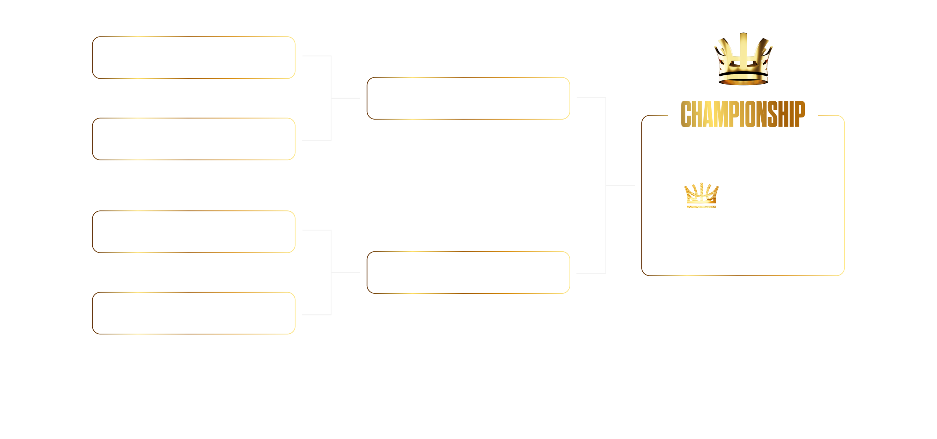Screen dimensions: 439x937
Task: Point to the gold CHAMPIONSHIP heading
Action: click(743, 114)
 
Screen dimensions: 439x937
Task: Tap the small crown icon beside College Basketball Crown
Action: click(701, 196)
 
